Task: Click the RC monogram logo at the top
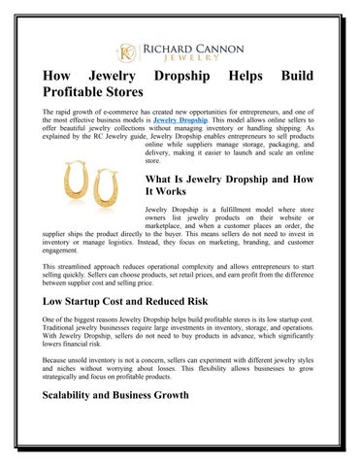tap(127, 50)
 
